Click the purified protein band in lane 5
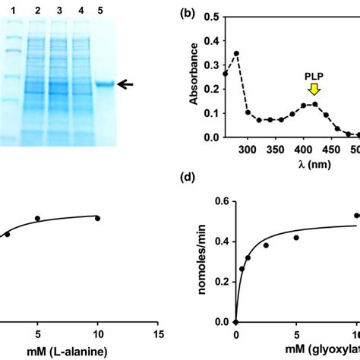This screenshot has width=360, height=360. [x=104, y=85]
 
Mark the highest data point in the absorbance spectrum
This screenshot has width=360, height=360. [x=236, y=53]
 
